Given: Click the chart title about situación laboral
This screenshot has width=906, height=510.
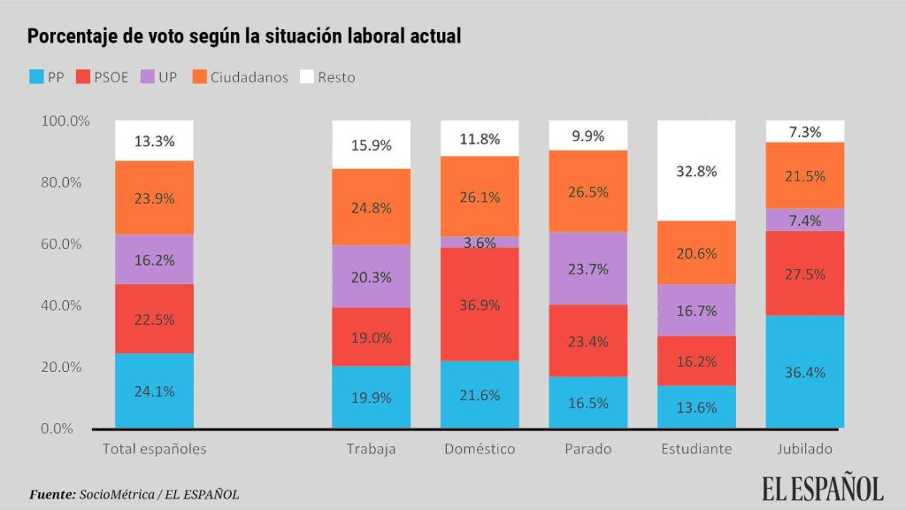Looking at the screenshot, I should tap(244, 36).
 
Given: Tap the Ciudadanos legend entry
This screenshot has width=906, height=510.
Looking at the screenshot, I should tap(239, 77).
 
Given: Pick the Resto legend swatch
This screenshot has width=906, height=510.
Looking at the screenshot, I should tap(308, 77).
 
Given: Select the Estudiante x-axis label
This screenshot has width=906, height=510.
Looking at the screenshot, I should tap(696, 449).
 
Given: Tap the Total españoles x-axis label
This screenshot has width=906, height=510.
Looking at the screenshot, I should tap(154, 449).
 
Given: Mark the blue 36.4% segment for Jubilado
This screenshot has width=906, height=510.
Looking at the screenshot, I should tap(804, 372).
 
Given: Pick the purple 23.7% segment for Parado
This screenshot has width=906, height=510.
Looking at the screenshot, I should tap(588, 268).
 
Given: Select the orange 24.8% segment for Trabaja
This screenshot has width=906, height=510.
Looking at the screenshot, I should tap(371, 206).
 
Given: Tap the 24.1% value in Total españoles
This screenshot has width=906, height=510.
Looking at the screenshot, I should tap(154, 390).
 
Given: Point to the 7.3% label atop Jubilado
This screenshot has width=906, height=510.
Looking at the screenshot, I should tap(804, 131).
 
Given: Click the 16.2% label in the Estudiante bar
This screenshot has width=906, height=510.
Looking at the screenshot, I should tap(696, 361).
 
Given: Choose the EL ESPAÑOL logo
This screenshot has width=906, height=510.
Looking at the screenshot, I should tap(823, 487).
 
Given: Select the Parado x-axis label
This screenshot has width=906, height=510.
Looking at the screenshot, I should tap(588, 449).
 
